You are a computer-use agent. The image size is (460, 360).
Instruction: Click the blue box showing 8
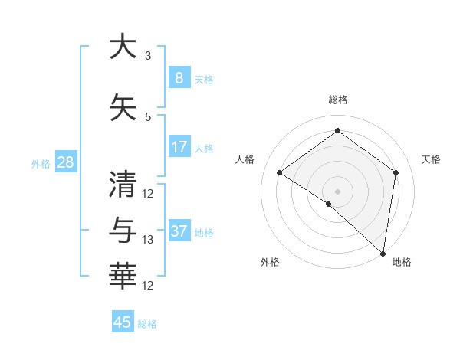pyautogui.click(x=179, y=78)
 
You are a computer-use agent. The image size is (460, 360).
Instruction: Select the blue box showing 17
pyautogui.click(x=179, y=147)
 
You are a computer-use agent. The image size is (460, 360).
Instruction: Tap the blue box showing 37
pyautogui.click(x=179, y=231)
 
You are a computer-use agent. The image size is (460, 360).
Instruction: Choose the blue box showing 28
pyautogui.click(x=65, y=162)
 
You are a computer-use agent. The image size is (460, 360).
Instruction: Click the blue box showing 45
pyautogui.click(x=123, y=322)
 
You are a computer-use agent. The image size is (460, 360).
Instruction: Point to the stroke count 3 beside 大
pyautogui.click(x=148, y=56)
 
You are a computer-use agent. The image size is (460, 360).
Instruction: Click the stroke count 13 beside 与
pyautogui.click(x=148, y=240)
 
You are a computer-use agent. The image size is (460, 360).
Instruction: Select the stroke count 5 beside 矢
pyautogui.click(x=148, y=117)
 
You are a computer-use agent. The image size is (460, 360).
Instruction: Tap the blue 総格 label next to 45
pyautogui.click(x=147, y=324)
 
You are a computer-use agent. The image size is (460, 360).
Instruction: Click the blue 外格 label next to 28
pyautogui.click(x=41, y=163)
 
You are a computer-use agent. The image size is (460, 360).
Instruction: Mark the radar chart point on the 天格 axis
pyautogui.click(x=396, y=172)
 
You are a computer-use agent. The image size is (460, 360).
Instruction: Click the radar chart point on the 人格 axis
pyautogui.click(x=280, y=172)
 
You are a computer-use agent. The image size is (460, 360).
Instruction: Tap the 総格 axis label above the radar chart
pyautogui.click(x=338, y=100)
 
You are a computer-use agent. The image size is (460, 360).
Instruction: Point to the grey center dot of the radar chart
pyautogui.click(x=337, y=191)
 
